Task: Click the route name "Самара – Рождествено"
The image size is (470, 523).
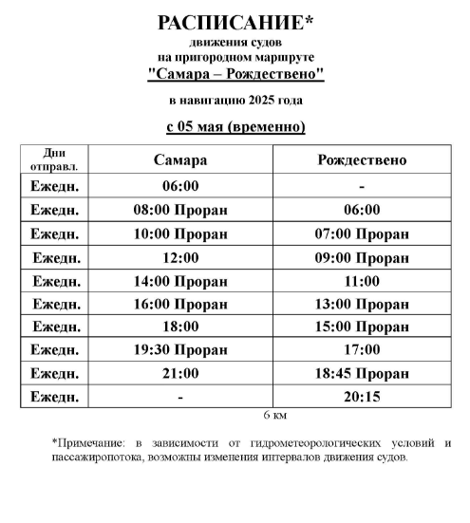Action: pos(235,73)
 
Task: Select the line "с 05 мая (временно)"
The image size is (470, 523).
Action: pos(235,126)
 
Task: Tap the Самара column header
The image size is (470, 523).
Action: pos(180,159)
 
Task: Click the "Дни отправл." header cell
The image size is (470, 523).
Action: pos(53,159)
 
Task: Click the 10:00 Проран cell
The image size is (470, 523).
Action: pos(180,233)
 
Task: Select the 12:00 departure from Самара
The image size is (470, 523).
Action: pos(180,257)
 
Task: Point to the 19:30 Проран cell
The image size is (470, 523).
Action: pos(180,350)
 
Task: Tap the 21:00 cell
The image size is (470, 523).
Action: pos(180,373)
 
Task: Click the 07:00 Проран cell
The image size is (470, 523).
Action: pos(361,233)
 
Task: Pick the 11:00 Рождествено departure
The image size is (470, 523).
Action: pos(361,280)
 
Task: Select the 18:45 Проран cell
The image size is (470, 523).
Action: pos(361,373)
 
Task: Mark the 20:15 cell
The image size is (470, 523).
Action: pos(361,397)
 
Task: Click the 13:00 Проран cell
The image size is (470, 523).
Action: pos(361,304)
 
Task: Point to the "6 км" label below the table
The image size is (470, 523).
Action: pos(274,416)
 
